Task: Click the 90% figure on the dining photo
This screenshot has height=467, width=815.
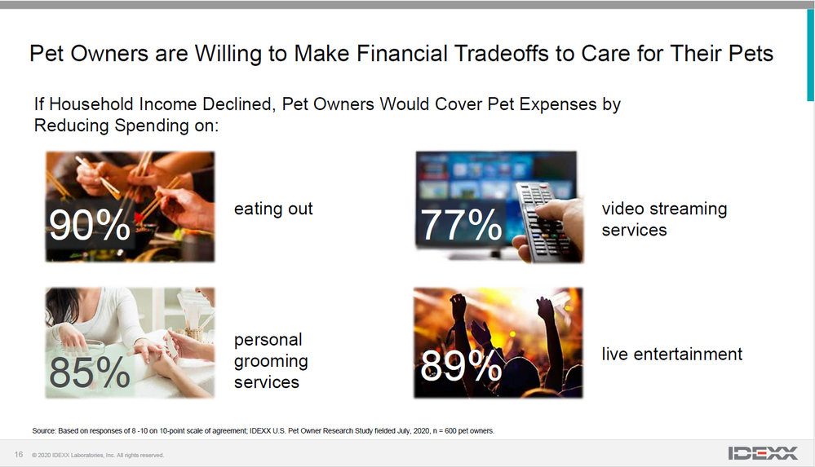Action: tap(90, 225)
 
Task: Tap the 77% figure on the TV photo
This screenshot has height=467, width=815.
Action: tap(461, 225)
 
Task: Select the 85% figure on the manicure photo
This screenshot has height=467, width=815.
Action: tap(90, 372)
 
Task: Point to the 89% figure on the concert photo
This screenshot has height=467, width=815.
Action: tap(461, 365)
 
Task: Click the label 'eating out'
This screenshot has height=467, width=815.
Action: tap(273, 209)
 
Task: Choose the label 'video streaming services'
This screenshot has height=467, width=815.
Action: tap(664, 219)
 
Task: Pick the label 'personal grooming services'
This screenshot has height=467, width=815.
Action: tap(271, 360)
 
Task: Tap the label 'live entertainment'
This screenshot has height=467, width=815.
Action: tap(672, 355)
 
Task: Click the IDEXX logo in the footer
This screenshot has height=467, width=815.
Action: tap(763, 453)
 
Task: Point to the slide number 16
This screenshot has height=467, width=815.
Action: tap(19, 455)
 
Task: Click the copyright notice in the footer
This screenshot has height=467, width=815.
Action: tap(98, 455)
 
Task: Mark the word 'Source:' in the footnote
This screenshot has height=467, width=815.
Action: tap(44, 430)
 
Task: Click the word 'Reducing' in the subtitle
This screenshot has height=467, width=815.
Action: tap(72, 126)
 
